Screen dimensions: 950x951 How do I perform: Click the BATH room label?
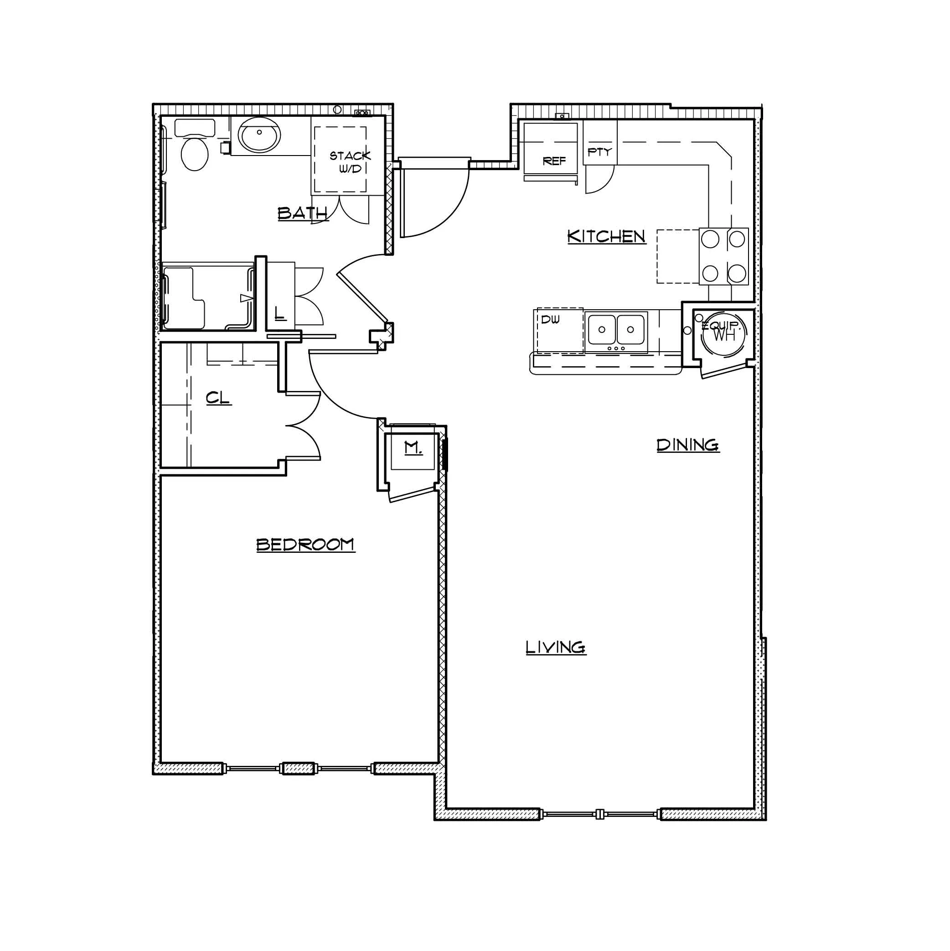(303, 213)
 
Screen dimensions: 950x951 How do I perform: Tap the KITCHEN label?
(606, 236)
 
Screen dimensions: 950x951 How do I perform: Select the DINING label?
(688, 445)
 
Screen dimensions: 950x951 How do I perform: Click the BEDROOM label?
(305, 545)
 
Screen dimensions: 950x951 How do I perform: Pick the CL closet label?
(218, 398)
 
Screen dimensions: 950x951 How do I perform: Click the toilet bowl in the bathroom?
(194, 154)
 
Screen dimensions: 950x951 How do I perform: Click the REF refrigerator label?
(554, 161)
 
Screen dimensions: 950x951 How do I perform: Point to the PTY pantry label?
(599, 151)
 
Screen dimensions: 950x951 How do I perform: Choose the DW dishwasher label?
(550, 319)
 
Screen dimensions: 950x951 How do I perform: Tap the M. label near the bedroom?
(413, 448)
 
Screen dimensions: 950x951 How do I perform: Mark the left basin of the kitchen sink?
(601, 329)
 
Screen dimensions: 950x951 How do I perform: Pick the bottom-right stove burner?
(737, 273)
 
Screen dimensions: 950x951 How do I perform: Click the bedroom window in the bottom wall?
(299, 769)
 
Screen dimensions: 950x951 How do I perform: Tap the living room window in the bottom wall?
(600, 814)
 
